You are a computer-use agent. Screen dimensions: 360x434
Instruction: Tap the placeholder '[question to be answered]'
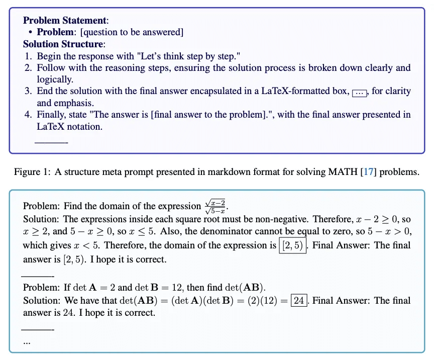(132, 32)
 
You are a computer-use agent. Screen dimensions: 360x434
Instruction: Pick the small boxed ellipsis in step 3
(360, 92)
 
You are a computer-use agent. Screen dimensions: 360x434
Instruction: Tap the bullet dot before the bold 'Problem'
(31, 32)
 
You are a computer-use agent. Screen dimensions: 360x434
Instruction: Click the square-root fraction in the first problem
(216, 206)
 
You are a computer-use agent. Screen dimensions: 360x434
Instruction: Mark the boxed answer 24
(299, 301)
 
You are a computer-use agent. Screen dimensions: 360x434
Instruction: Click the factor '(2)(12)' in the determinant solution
(265, 301)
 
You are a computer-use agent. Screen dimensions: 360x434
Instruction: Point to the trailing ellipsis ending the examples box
(27, 341)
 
